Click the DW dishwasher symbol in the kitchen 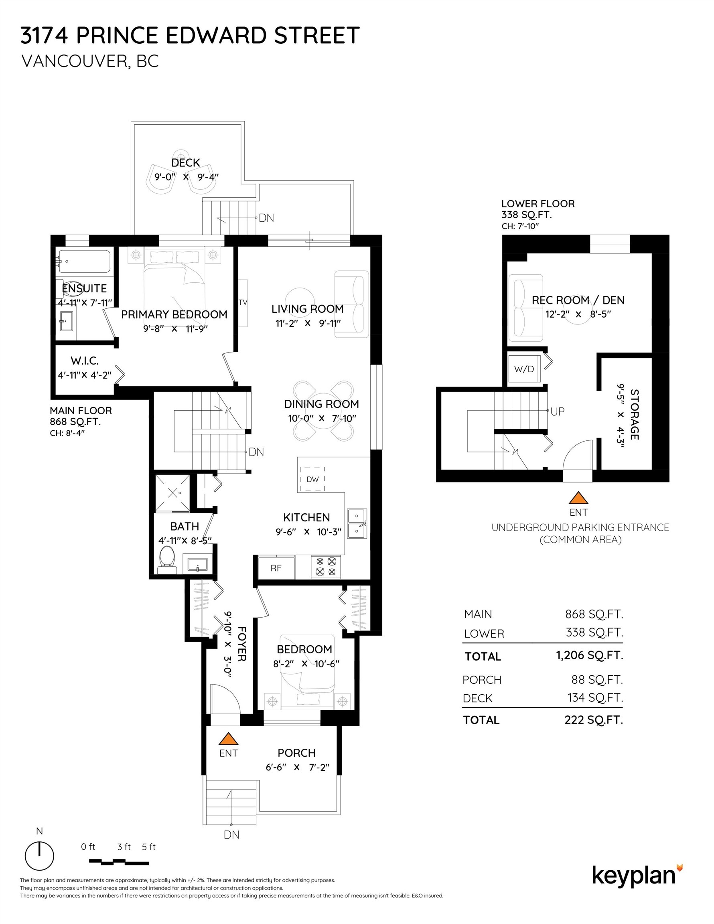pyautogui.click(x=312, y=479)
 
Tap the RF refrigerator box pyautogui.click(x=276, y=568)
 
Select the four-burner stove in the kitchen pyautogui.click(x=325, y=567)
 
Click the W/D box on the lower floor pyautogui.click(x=523, y=369)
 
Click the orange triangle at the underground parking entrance pyautogui.click(x=578, y=498)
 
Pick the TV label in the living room pyautogui.click(x=243, y=302)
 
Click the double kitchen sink pyautogui.click(x=356, y=524)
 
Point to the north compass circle pyautogui.click(x=39, y=856)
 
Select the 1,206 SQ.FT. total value pyautogui.click(x=589, y=655)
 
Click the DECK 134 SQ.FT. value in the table pyautogui.click(x=594, y=698)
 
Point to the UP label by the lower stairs pyautogui.click(x=558, y=411)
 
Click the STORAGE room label pyautogui.click(x=634, y=414)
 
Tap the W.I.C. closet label pyautogui.click(x=85, y=361)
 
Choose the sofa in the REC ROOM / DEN pyautogui.click(x=525, y=308)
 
